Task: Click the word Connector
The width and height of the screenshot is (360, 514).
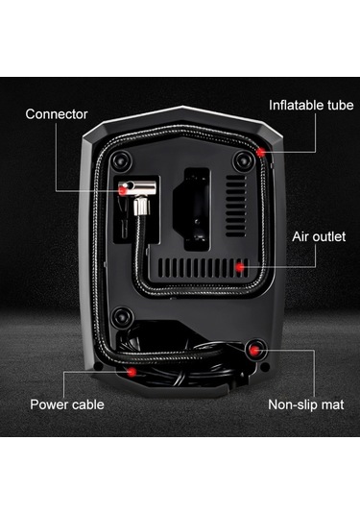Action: tap(57, 113)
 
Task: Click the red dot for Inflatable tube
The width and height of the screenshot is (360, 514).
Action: tap(261, 151)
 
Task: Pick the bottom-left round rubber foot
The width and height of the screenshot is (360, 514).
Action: tap(122, 317)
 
